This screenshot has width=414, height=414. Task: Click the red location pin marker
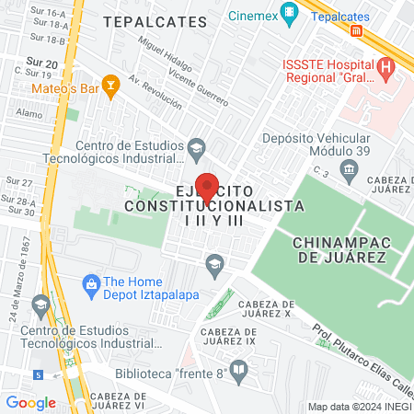[208, 187]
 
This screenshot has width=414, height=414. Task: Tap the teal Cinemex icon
[291, 13]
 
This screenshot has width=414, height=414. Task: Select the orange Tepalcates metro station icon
[356, 30]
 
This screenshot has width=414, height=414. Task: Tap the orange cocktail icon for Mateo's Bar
[111, 87]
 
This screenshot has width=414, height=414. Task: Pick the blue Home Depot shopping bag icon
[90, 282]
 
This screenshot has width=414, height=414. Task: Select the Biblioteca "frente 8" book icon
[238, 372]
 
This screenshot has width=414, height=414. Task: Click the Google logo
[30, 402]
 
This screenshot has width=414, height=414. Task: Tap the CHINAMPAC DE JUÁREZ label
[339, 249]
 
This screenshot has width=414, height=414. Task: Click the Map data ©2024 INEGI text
[360, 406]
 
